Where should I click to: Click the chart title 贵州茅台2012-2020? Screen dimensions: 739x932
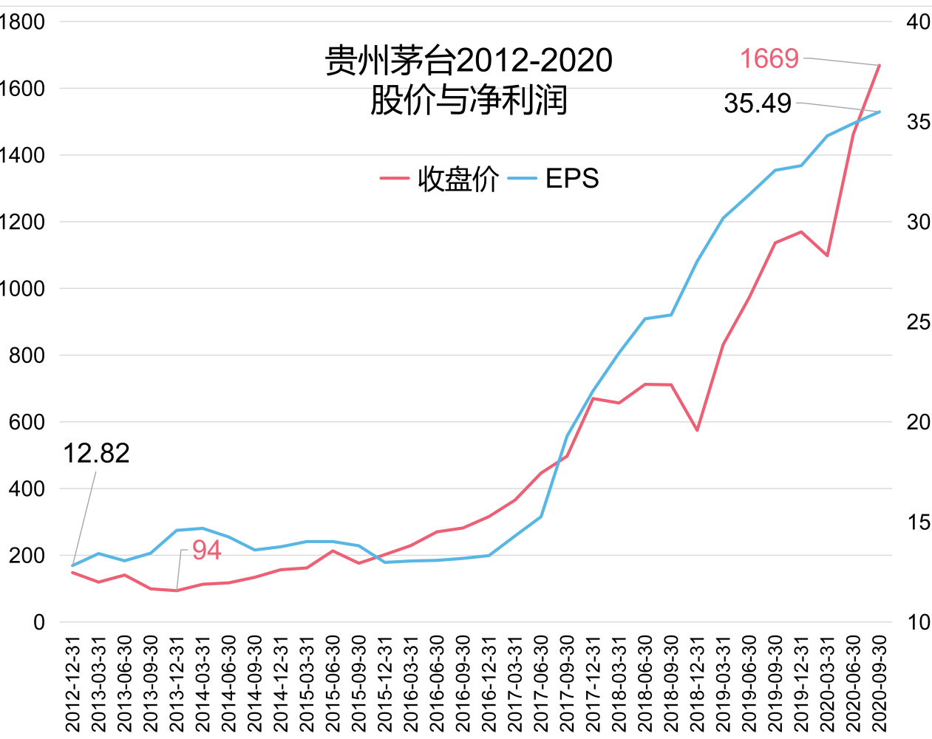469,61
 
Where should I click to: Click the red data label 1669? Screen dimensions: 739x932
769,58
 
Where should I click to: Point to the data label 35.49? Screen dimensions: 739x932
758,103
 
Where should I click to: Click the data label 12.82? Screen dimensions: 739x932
96,453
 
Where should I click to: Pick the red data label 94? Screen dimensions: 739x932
206,551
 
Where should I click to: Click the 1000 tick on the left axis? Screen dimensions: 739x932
22,289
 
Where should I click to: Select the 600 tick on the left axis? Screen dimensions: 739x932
27,422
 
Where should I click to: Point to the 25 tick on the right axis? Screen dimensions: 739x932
918,322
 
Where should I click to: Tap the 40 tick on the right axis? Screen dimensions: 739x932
918,22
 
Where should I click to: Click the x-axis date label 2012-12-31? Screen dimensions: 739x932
72,684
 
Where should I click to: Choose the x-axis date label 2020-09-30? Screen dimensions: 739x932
880,684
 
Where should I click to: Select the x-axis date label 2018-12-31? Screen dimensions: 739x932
697,684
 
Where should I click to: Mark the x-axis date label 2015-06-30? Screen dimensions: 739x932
333,684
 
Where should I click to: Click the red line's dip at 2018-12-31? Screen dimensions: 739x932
697,430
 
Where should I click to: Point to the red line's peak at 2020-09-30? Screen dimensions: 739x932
880,65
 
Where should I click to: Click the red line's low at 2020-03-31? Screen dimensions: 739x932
827,256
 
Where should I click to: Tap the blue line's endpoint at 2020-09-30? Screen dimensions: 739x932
880,112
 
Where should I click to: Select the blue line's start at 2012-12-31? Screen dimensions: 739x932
72,565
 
